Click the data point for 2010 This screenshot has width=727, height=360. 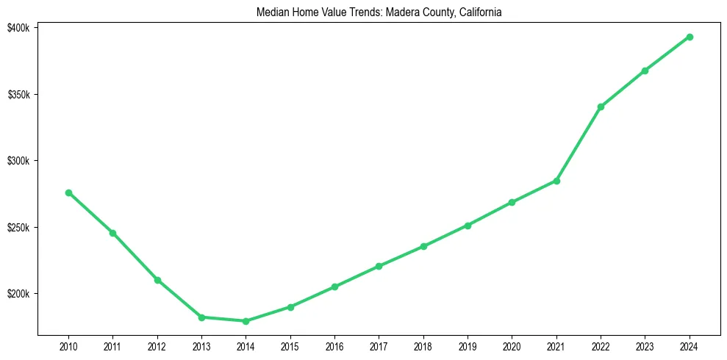pyautogui.click(x=68, y=192)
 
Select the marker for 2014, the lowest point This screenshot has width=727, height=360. pyautogui.click(x=246, y=321)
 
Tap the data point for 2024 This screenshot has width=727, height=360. pyautogui.click(x=690, y=37)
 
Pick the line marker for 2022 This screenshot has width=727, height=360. pyautogui.click(x=601, y=107)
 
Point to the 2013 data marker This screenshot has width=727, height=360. pyautogui.click(x=201, y=317)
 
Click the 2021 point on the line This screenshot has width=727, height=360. pyautogui.click(x=556, y=181)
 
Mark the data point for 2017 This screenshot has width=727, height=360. pyautogui.click(x=379, y=266)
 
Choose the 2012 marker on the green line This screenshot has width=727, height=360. pyautogui.click(x=157, y=280)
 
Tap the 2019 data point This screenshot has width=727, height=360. pyautogui.click(x=468, y=226)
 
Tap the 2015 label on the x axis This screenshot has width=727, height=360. pyautogui.click(x=290, y=346)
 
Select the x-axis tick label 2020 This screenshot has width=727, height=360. pyautogui.click(x=512, y=346)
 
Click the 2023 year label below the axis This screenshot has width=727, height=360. pyautogui.click(x=645, y=346)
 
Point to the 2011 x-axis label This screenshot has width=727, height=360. pyautogui.click(x=112, y=346)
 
